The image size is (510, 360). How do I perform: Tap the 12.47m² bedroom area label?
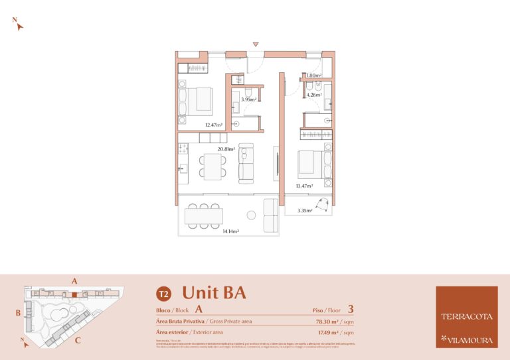click(213, 125)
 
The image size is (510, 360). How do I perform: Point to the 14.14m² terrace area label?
click(230, 231)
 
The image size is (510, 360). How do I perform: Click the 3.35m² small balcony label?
click(305, 210)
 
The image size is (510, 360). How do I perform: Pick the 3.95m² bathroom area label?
click(248, 99)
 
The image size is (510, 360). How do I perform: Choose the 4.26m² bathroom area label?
click(313, 95)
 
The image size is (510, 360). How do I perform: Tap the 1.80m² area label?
click(313, 76)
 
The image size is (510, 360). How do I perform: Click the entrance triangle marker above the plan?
click(256, 44)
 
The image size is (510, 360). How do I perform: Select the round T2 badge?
click(163, 293)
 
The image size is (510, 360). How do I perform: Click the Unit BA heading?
click(214, 292)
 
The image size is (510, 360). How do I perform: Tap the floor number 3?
click(350, 308)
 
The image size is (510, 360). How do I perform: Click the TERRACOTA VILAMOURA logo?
click(466, 317)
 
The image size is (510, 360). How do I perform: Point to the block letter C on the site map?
click(78, 341)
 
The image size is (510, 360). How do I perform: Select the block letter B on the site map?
click(19, 312)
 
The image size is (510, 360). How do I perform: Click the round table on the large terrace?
click(252, 215)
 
